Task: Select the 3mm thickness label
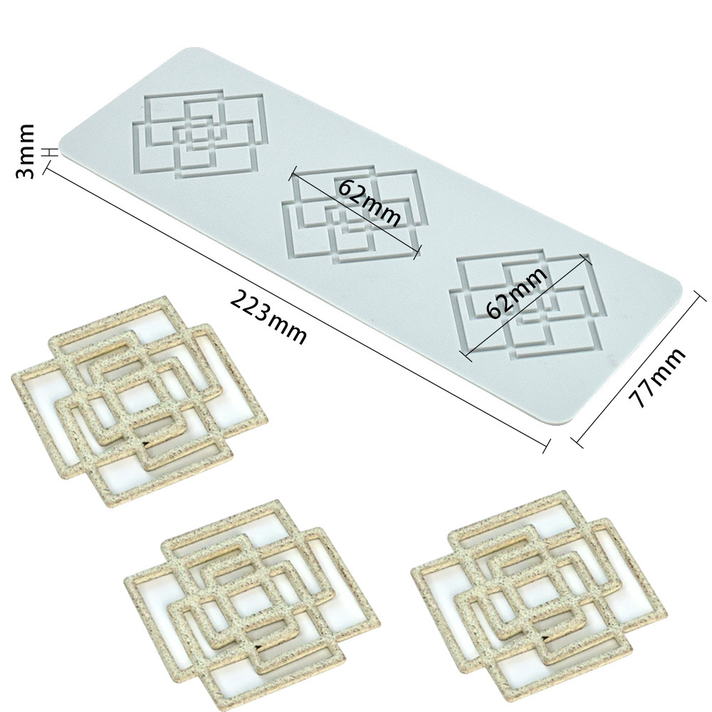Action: pyautogui.click(x=24, y=151)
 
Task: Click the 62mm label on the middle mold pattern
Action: pyautogui.click(x=369, y=202)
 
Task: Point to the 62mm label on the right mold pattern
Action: pyautogui.click(x=516, y=292)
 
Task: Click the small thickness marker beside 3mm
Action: pyautogui.click(x=51, y=152)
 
